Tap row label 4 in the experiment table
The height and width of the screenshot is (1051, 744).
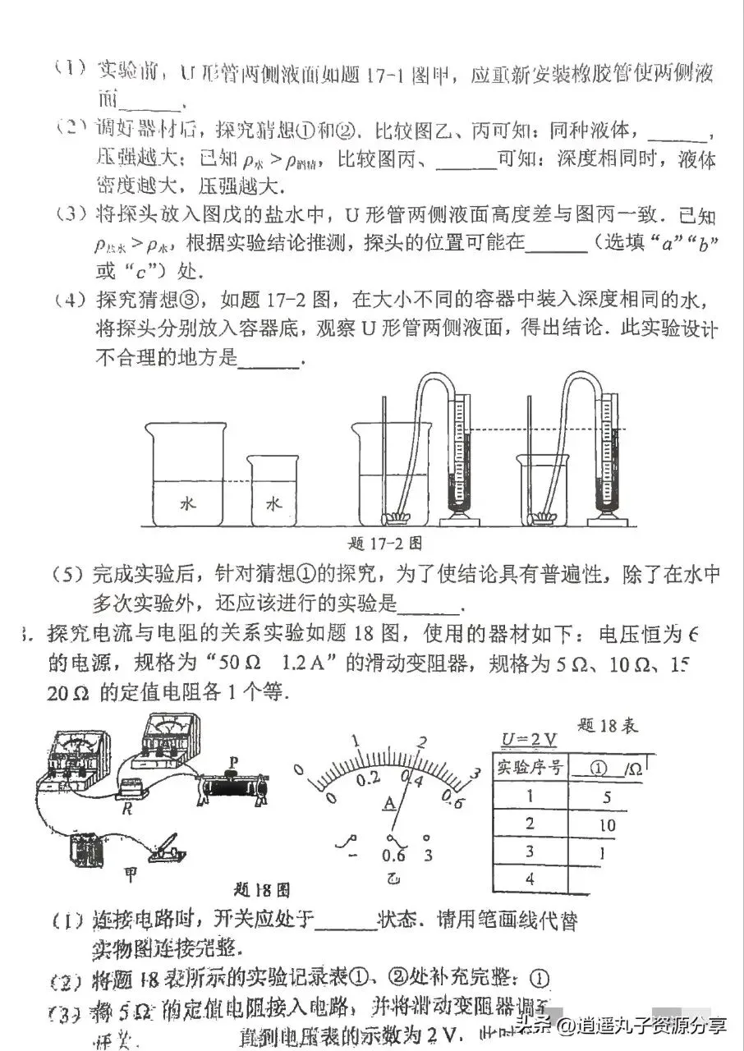tap(530, 879)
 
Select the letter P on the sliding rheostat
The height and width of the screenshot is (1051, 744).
tap(234, 763)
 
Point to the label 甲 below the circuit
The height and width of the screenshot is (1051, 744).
tap(130, 876)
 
